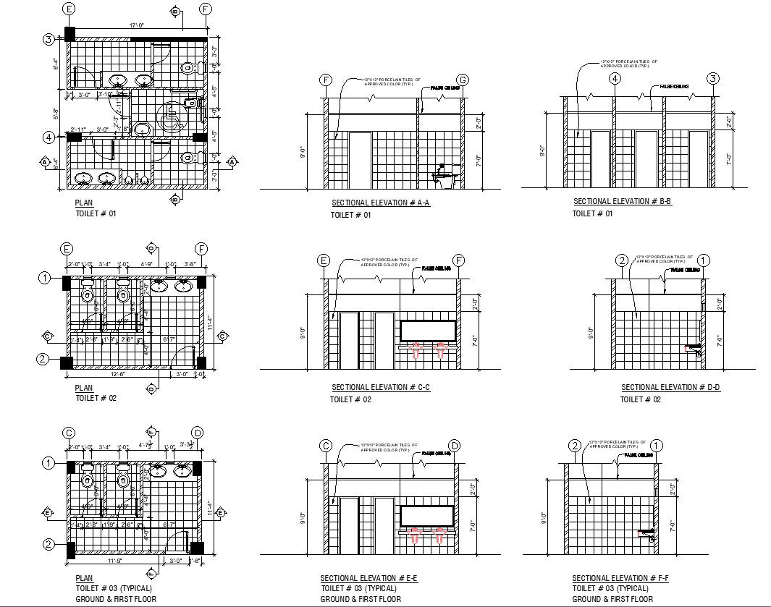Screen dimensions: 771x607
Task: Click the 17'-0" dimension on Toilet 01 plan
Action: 137,25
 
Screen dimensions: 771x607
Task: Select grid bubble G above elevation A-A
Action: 463,80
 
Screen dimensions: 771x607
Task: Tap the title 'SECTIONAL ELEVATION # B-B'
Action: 623,202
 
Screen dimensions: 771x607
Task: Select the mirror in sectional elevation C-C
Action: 428,331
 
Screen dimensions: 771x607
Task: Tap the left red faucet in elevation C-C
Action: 417,352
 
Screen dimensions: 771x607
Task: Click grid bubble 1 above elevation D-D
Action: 703,260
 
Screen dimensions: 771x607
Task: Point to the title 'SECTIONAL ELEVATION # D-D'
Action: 670,388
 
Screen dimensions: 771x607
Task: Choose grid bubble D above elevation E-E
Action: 455,445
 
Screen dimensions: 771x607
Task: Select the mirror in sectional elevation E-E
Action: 427,515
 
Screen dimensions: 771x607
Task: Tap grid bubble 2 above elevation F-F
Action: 575,446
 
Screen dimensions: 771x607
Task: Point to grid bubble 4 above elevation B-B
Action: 615,79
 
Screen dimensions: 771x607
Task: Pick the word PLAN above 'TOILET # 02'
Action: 84,388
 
